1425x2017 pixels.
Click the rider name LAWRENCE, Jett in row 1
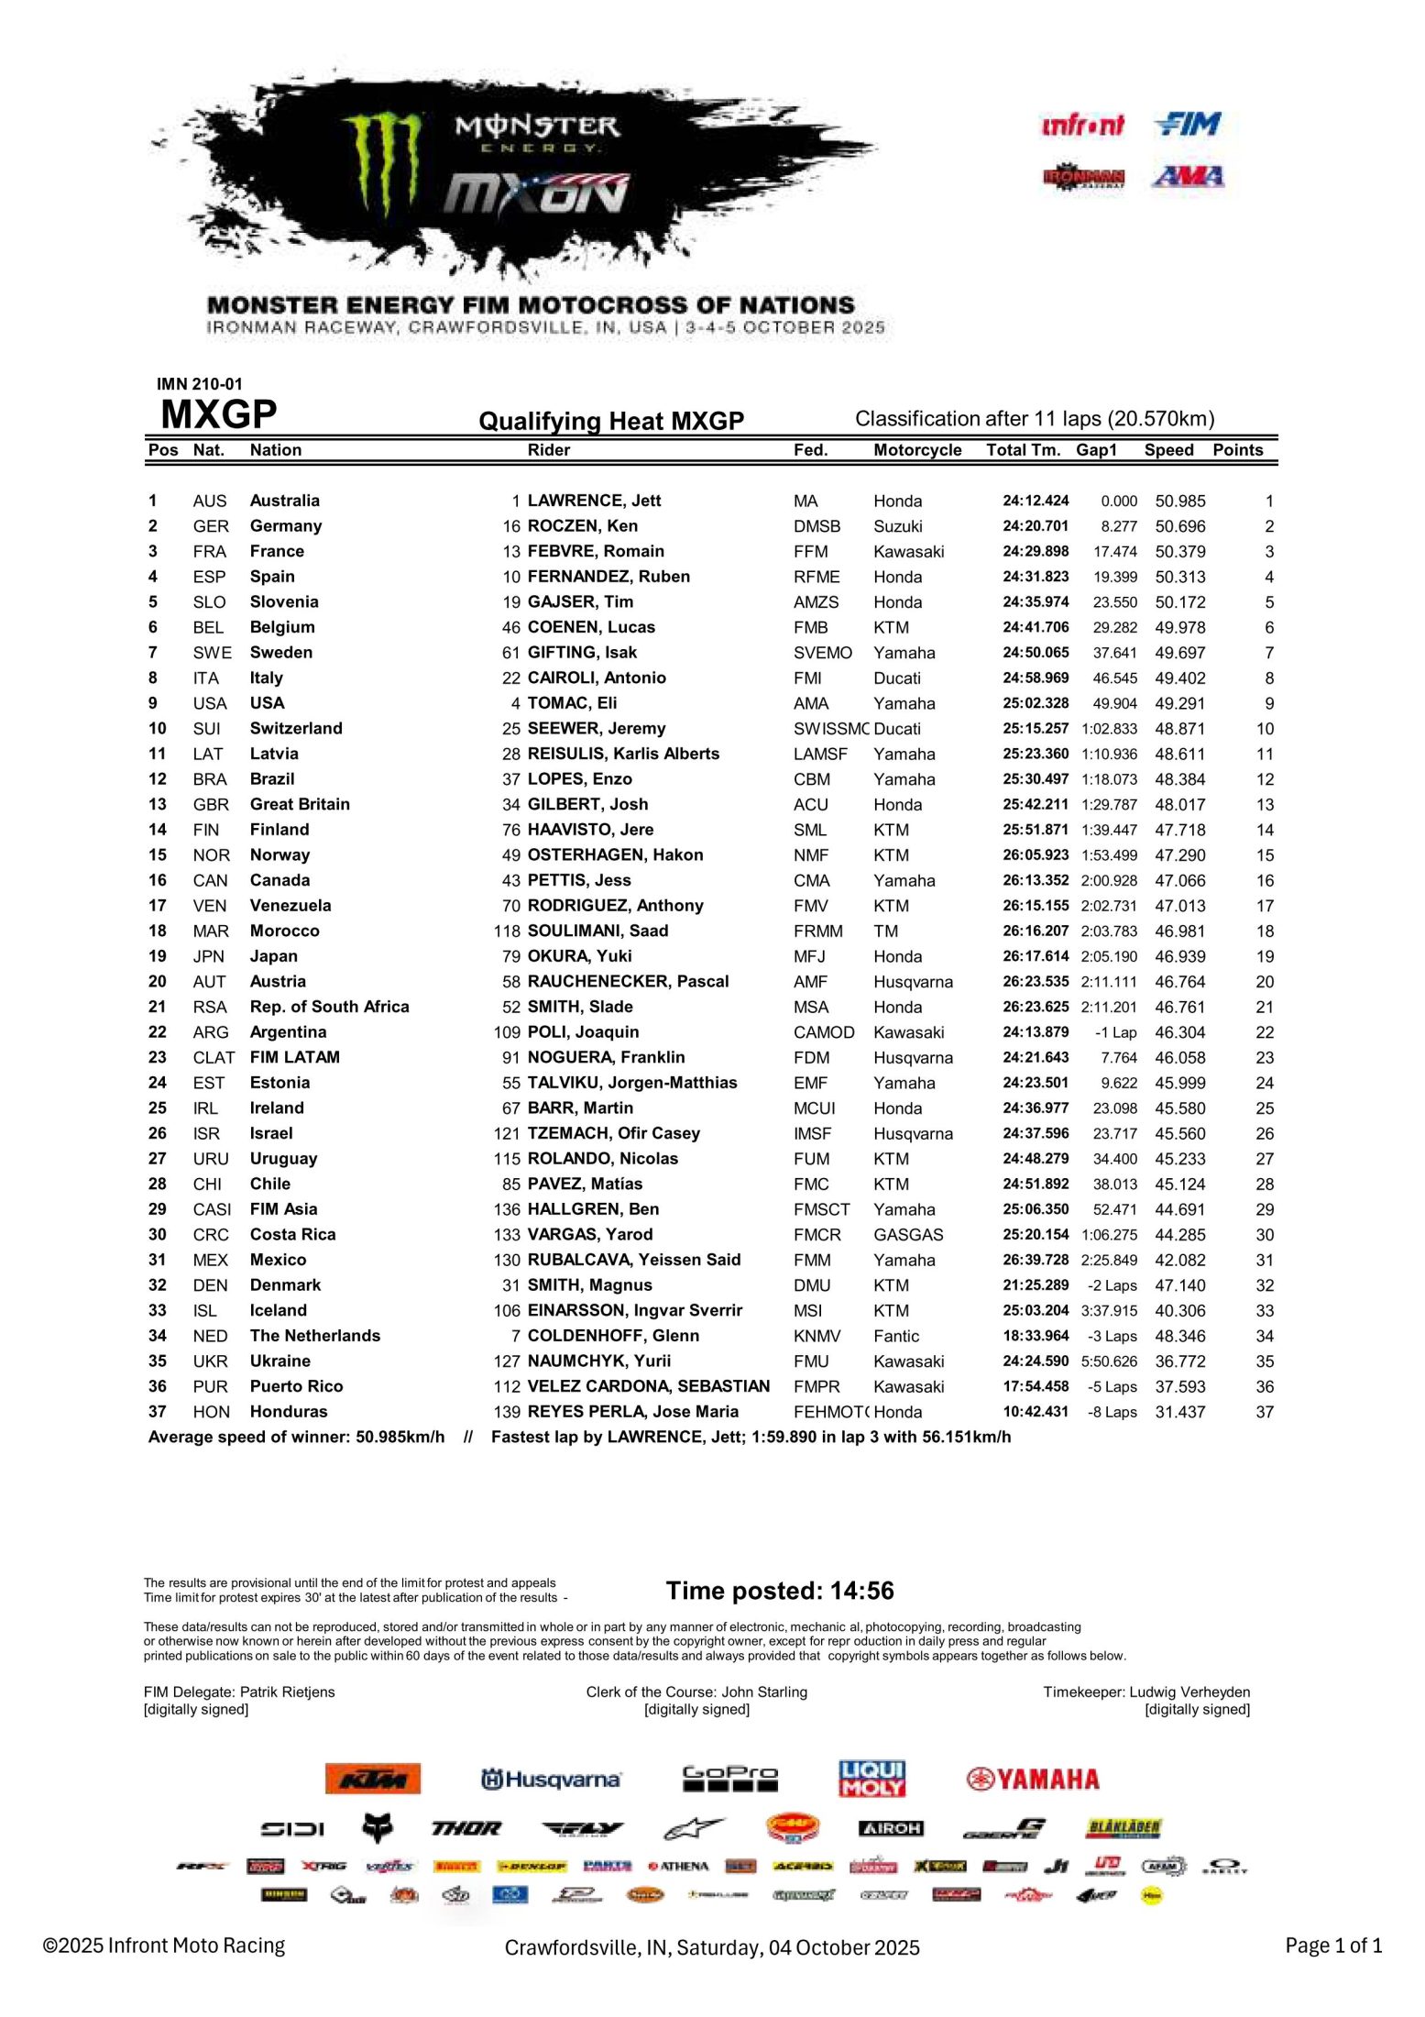pos(594,501)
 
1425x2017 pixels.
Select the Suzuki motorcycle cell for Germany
pos(897,526)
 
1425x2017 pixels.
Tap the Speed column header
pos(1168,450)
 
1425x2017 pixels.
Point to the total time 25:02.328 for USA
pos(1035,703)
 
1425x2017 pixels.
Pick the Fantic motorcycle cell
pos(895,1336)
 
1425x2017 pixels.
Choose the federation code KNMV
pos(817,1336)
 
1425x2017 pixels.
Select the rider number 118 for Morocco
pos(507,931)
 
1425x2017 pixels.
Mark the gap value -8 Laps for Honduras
pos(1112,1412)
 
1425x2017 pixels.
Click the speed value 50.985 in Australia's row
pos(1179,501)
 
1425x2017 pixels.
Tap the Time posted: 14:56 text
pos(780,1591)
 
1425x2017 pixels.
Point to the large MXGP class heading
pos(218,415)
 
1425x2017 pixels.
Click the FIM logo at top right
pos(1188,124)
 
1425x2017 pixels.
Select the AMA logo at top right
pos(1188,175)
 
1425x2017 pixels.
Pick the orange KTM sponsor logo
pos(373,1779)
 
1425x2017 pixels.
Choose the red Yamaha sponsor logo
pos(1032,1780)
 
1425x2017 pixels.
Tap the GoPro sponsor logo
pos(729,1778)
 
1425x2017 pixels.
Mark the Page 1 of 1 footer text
pos(1332,1945)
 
